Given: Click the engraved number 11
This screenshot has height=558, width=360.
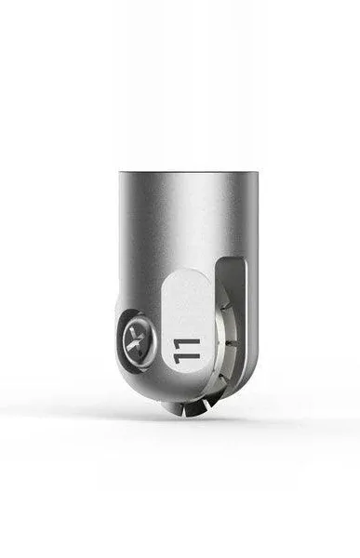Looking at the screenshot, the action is click(185, 352).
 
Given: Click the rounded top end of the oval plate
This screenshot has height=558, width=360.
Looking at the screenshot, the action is click(188, 272).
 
